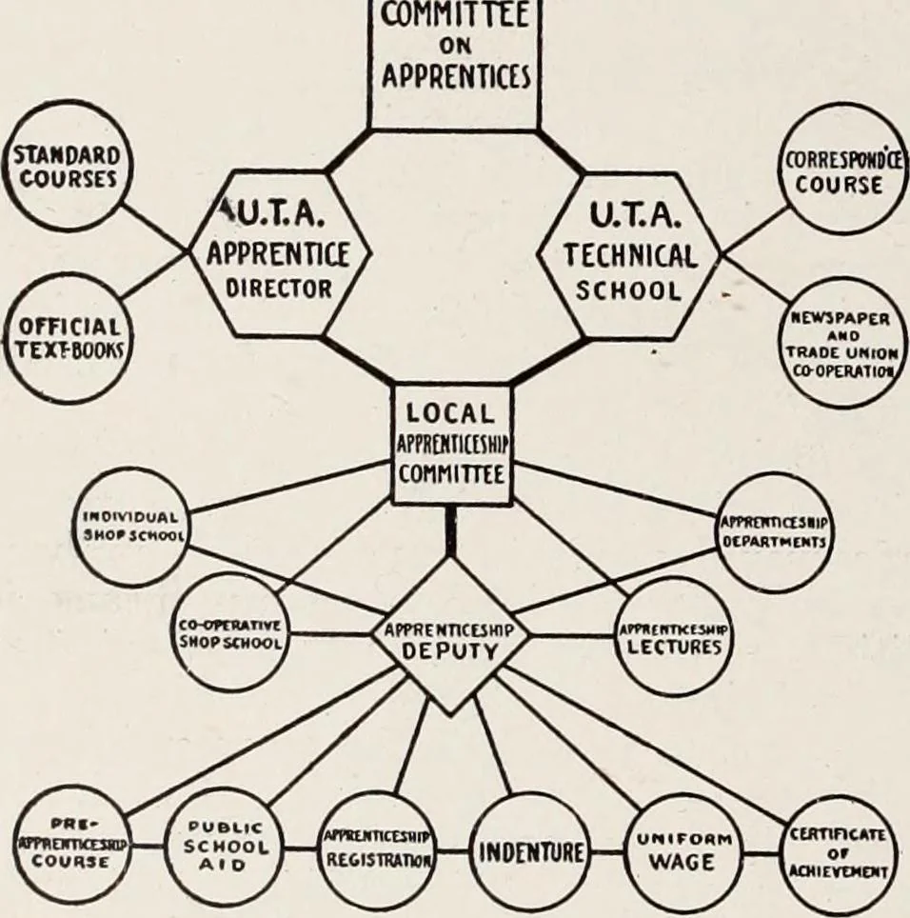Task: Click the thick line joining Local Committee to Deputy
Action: point(450,530)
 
